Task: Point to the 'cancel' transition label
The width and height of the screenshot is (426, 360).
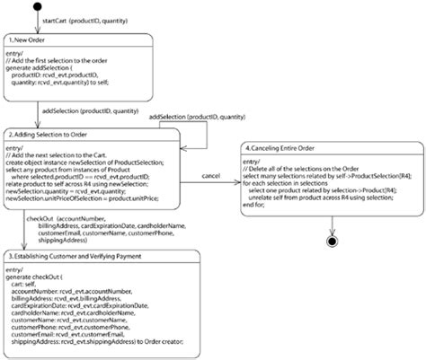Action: (x=212, y=175)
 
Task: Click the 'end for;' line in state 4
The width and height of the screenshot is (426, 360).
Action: (x=259, y=206)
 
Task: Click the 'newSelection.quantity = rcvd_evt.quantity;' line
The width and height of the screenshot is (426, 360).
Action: (x=81, y=190)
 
